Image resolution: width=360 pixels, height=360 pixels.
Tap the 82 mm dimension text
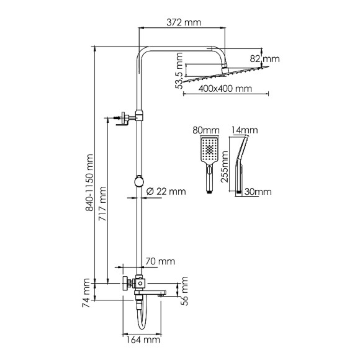point(271,59)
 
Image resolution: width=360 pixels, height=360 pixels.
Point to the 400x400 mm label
point(227,89)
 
